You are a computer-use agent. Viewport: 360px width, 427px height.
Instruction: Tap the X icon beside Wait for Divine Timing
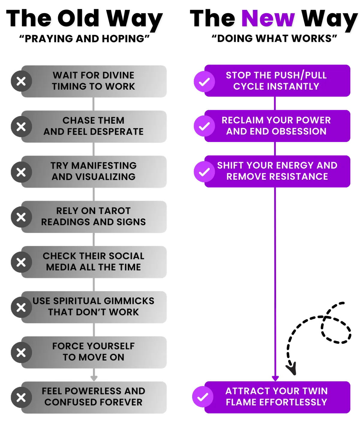[21, 81]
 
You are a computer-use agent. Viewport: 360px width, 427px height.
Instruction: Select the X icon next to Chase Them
[21, 127]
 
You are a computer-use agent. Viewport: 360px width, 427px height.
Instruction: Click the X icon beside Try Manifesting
[21, 172]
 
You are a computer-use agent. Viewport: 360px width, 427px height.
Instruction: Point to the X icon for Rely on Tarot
[21, 217]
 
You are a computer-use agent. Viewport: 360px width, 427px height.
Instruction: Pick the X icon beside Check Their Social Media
[21, 262]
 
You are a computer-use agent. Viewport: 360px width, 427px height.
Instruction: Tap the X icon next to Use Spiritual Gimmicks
[21, 307]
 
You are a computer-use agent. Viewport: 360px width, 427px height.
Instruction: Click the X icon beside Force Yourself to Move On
[21, 353]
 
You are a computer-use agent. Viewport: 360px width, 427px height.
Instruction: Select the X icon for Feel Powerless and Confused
[21, 398]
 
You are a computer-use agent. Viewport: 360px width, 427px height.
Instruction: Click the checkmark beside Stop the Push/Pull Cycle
[204, 82]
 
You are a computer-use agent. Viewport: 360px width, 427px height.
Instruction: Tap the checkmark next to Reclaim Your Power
[204, 126]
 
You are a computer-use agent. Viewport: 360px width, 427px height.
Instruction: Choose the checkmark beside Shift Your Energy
[204, 172]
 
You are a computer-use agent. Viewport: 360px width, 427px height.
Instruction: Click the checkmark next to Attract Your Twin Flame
[203, 397]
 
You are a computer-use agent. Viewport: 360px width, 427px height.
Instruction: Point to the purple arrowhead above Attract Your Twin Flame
[275, 378]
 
